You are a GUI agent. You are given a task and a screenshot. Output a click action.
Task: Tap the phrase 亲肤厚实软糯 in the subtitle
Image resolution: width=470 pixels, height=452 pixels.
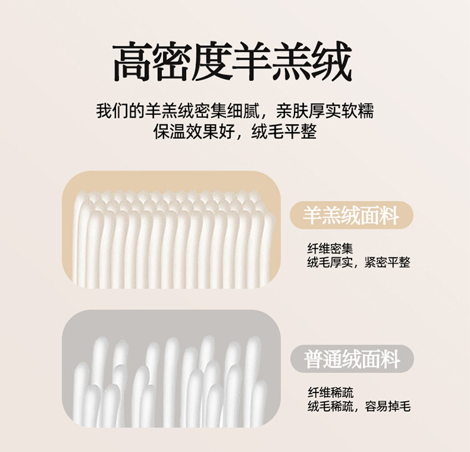pos(325,111)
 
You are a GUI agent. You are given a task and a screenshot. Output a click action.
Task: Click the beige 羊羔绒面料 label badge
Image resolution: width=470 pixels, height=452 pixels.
pos(352,215)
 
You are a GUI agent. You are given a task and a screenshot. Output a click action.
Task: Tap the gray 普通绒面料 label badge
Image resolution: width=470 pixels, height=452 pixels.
pos(352,359)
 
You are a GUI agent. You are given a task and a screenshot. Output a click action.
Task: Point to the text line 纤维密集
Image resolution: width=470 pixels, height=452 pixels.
pos(330,249)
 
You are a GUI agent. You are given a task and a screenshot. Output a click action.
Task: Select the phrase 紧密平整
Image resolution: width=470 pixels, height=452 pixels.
pos(387,262)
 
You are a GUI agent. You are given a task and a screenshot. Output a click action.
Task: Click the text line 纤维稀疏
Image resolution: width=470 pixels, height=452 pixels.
pos(331,392)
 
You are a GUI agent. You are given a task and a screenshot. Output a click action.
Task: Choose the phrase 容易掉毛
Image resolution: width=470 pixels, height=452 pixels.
pos(387,406)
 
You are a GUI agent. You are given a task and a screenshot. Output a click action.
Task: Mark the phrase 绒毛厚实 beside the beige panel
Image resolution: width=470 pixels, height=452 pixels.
pos(330,262)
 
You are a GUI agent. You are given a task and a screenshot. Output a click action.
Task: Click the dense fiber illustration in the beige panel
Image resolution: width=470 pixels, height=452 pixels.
pos(174,239)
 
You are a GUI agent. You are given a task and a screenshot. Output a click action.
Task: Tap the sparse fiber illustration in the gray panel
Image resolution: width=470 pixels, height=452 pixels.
pos(170,382)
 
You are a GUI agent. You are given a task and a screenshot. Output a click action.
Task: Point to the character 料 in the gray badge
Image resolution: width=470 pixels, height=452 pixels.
pos(390,359)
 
